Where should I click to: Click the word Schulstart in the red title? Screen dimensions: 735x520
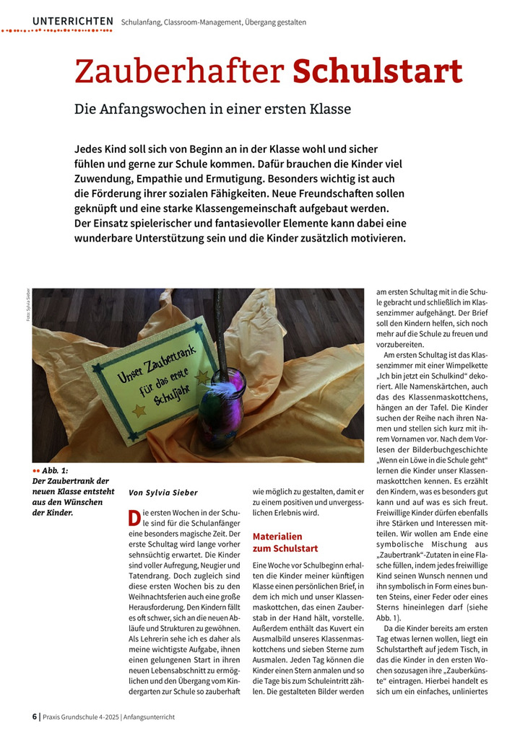(377, 71)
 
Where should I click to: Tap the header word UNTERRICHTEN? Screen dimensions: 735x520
(72, 22)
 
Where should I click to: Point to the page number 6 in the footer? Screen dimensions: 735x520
(35, 716)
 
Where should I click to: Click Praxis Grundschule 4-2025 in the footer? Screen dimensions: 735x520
(80, 716)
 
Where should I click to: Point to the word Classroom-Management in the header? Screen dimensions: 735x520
(202, 22)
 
